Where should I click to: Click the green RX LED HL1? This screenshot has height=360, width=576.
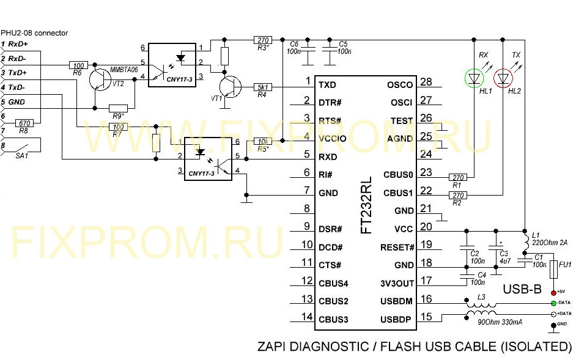[x=474, y=78]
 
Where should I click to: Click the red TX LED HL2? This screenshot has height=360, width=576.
[x=503, y=78]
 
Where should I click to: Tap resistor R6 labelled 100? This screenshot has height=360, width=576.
[x=78, y=64]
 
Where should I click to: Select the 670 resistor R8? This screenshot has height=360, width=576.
[x=25, y=123]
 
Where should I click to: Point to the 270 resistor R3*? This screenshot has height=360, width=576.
[x=262, y=40]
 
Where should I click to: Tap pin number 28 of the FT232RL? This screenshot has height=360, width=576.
[x=426, y=83]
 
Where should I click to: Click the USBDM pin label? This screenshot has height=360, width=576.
[x=396, y=301]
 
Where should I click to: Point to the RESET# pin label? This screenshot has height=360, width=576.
[x=397, y=248]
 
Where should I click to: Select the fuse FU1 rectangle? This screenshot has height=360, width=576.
[x=553, y=269]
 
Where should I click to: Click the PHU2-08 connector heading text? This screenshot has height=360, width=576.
[x=34, y=32]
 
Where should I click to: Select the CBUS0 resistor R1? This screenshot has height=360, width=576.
[x=457, y=178]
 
